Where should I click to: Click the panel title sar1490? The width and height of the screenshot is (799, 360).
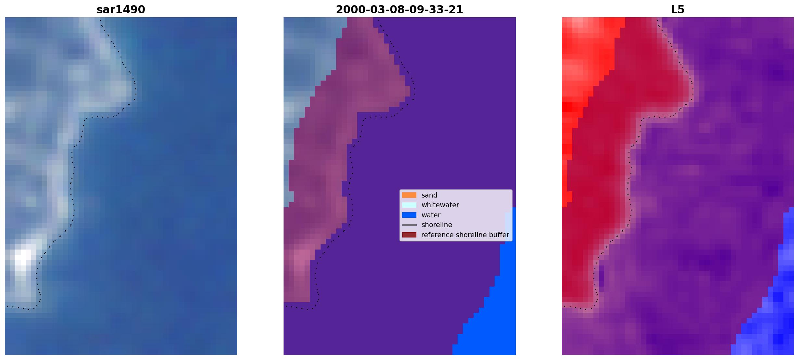121,10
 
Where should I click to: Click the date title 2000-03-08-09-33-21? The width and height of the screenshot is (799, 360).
399,10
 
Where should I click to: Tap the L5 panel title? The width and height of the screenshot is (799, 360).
678,10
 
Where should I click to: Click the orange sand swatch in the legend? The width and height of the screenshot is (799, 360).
409,195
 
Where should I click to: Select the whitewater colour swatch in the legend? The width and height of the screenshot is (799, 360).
409,205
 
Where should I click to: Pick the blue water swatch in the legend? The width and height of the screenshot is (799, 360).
409,215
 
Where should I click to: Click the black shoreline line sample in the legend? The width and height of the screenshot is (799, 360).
409,225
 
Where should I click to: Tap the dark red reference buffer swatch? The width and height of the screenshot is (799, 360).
409,235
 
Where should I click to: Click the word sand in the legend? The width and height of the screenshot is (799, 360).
429,195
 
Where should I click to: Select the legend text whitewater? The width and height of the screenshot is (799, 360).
440,205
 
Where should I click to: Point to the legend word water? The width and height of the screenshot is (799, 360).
431,215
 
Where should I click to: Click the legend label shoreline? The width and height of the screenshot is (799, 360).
437,225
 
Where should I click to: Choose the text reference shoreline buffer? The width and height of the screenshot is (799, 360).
465,235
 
